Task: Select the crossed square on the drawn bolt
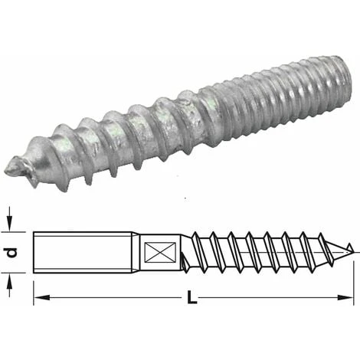coord(154,250)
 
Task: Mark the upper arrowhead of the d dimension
coord(11,227)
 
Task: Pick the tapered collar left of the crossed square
coord(133,250)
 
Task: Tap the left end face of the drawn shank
coord(36,250)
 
